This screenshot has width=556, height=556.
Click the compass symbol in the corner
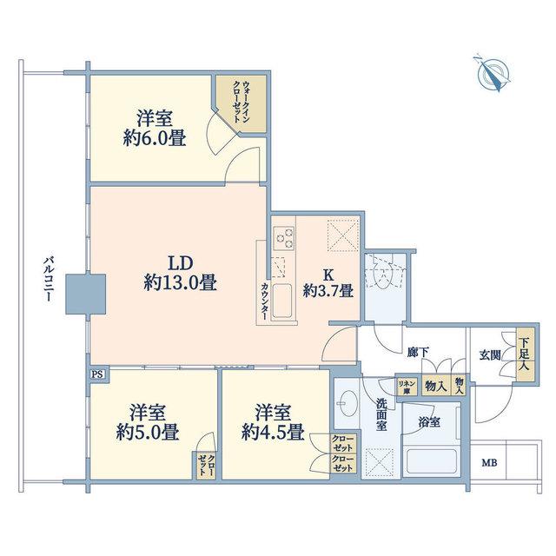493,73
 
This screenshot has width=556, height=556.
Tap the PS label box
96,374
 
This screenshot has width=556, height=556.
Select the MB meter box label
489,462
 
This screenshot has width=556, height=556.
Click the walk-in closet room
242,104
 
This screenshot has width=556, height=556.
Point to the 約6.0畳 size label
155,138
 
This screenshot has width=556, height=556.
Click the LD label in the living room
180,263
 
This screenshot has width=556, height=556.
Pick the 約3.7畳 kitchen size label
328,292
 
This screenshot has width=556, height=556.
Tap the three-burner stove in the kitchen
284,237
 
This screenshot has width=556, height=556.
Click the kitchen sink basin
282,301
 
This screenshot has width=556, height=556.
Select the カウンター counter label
264,301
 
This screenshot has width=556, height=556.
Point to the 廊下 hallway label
418,352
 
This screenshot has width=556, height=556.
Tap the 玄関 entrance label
490,354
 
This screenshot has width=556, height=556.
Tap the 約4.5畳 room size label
273,433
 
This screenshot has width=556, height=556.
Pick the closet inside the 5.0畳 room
206,465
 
